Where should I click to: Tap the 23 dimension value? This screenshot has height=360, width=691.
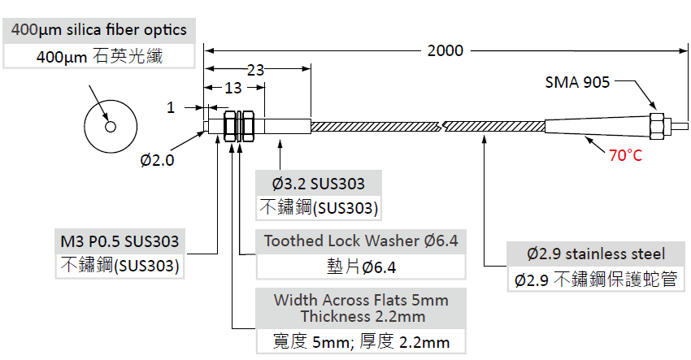[x=255, y=70]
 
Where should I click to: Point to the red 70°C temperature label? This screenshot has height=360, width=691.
[x=625, y=154]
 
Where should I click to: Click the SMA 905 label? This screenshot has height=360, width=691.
[x=579, y=81]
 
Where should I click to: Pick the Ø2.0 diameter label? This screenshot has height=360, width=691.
[x=157, y=160]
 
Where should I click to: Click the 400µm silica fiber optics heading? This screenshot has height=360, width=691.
[x=99, y=31]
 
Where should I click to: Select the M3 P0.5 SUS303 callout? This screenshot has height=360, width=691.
[x=120, y=241]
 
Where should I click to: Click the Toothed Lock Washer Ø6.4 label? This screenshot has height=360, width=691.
[x=361, y=241]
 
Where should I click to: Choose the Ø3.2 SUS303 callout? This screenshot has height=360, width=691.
[x=319, y=184]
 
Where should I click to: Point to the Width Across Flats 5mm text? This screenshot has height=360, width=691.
[x=361, y=300]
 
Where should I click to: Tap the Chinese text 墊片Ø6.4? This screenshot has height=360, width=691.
[x=361, y=267]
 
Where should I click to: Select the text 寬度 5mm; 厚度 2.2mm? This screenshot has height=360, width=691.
[x=361, y=341]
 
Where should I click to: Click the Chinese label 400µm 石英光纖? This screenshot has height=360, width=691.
[x=99, y=57]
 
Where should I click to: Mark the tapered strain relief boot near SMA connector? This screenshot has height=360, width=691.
[x=598, y=128]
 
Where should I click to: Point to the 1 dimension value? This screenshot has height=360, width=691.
[x=170, y=106]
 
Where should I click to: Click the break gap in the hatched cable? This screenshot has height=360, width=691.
[x=439, y=127]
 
